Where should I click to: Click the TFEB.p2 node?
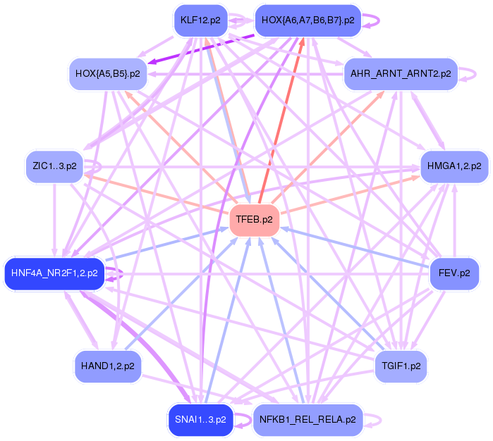click(255, 220)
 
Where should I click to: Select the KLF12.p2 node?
click(201, 20)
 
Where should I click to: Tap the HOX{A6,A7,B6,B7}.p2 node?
click(308, 20)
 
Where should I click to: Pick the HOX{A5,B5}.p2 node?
click(107, 73)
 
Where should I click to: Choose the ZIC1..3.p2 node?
click(54, 167)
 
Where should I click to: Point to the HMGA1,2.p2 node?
click(454, 167)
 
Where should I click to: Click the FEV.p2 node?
click(454, 272)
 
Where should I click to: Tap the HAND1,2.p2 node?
click(107, 366)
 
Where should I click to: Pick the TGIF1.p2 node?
click(401, 366)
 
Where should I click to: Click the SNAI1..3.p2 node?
click(200, 420)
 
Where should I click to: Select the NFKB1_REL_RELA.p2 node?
click(308, 420)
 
